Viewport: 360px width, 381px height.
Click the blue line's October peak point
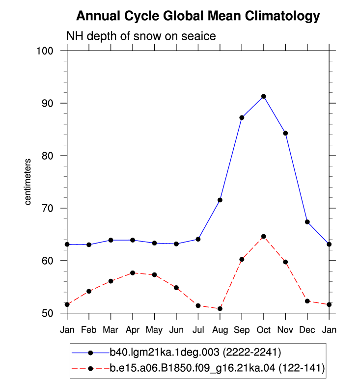[x=264, y=96]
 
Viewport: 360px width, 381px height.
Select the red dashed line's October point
[x=264, y=237]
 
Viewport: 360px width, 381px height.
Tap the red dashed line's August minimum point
[x=220, y=309]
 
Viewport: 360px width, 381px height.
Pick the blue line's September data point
[x=242, y=118]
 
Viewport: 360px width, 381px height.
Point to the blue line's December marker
[x=307, y=222]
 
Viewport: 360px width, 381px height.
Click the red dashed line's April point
[x=133, y=273]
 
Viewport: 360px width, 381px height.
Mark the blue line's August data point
[x=220, y=200]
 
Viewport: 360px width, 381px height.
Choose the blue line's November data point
[x=285, y=133]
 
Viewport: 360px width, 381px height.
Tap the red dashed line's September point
[x=242, y=259]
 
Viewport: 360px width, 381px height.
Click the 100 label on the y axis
[x=45, y=51]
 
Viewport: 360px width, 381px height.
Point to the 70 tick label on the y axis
[x=48, y=208]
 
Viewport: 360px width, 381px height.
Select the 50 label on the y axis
[x=48, y=313]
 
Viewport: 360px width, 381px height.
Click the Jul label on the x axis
[x=198, y=330]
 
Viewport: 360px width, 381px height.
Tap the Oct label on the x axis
[x=264, y=330]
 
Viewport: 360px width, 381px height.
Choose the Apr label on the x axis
[x=133, y=330]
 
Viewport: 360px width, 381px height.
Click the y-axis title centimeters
[x=28, y=182]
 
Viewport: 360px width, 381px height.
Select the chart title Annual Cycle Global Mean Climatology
[x=198, y=16]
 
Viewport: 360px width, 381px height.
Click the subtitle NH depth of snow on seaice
[x=141, y=36]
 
